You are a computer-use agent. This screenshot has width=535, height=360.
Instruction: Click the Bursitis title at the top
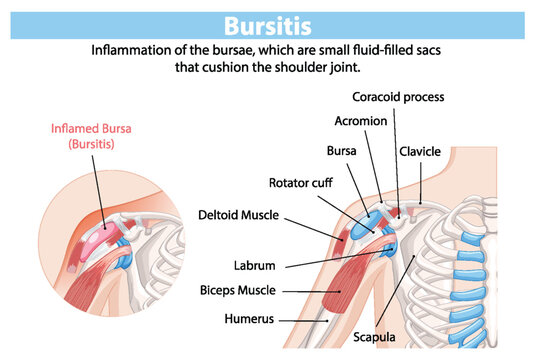click(x=267, y=24)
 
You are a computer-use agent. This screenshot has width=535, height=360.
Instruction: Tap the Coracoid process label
click(x=398, y=97)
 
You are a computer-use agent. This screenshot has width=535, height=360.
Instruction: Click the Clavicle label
click(x=420, y=151)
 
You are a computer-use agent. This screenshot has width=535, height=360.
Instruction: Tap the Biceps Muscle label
click(x=258, y=291)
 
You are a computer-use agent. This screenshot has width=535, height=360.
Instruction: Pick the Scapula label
click(x=379, y=336)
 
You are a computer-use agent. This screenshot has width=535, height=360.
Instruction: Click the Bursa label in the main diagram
click(x=342, y=151)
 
